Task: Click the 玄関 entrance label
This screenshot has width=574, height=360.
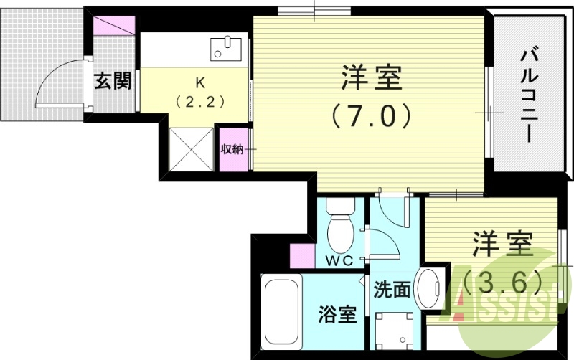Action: tap(113, 81)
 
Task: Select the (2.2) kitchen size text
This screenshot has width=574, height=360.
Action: tap(194, 100)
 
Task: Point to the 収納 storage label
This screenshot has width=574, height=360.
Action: tap(232, 149)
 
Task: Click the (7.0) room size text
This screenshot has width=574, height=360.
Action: tap(371, 115)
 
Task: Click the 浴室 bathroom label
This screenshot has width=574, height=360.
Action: tap(337, 313)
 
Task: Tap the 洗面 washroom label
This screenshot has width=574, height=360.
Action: tap(392, 290)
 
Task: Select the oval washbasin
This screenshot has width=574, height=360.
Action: tap(430, 288)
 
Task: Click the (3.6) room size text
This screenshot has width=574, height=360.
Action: tap(501, 283)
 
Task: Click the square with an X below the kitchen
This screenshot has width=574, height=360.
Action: tap(192, 148)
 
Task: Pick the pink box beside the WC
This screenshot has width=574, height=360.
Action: tap(301, 255)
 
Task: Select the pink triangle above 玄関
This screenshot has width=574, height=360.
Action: tap(115, 25)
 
